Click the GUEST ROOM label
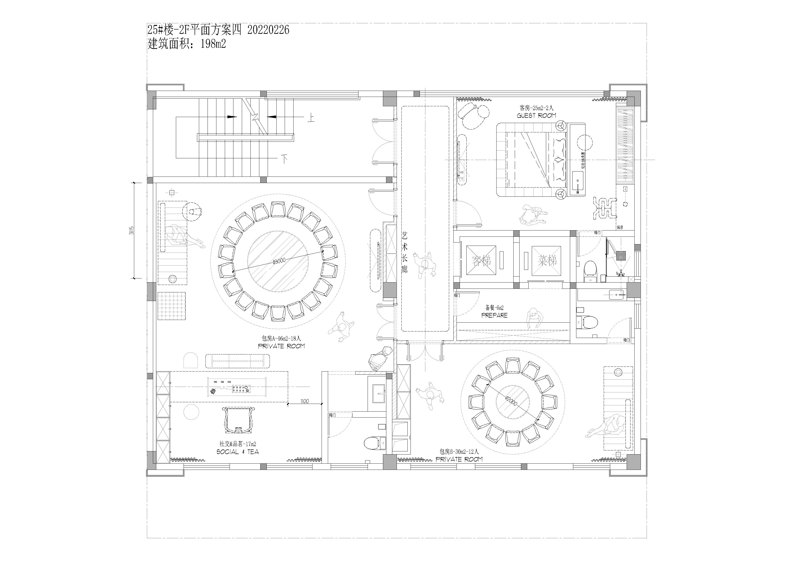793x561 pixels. coord(536,115)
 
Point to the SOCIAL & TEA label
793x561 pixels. coord(238,452)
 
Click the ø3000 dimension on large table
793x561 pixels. coord(278,262)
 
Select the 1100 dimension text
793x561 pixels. coord(305,401)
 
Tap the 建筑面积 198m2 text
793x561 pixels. coord(187,44)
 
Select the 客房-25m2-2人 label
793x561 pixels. coord(536,108)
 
